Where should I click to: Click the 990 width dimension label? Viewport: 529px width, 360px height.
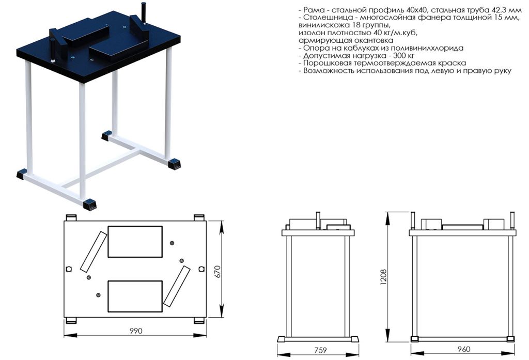pos(136,331)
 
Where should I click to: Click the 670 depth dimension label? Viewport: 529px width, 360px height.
pos(217,272)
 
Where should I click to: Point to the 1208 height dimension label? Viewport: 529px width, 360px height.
pos(384,277)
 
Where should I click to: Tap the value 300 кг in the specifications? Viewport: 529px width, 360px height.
pos(404,56)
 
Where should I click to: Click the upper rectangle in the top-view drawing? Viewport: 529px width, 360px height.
pos(135,242)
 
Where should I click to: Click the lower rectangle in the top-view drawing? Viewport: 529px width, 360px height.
pos(135,296)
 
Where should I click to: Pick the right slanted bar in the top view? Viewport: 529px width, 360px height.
pos(177,286)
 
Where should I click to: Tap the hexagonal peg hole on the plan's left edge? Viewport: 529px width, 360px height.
pos(69,269)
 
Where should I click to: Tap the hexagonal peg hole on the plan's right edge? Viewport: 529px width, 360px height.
pos(201,269)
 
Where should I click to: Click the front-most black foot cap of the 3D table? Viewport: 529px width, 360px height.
pos(90,205)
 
